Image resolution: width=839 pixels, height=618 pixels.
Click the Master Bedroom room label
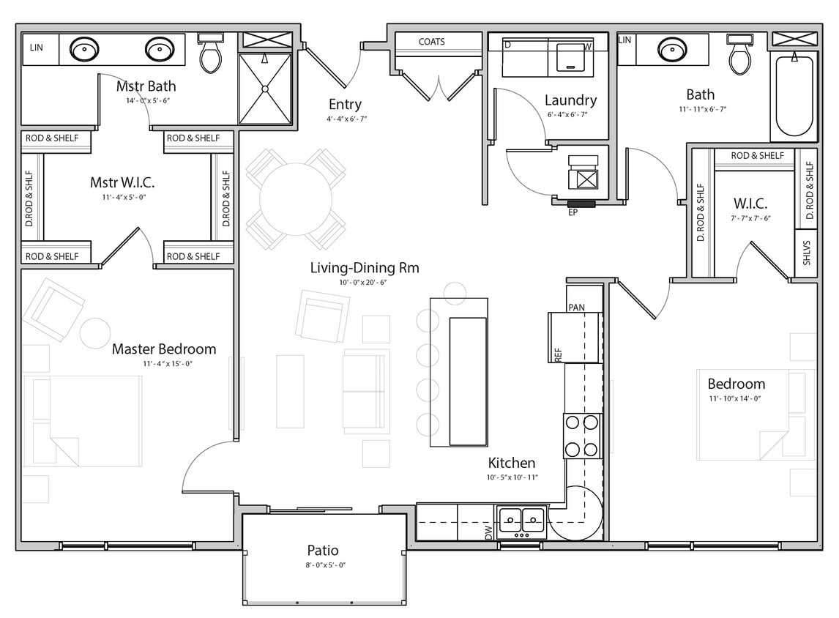(163, 349)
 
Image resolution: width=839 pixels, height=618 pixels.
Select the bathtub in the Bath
(794, 95)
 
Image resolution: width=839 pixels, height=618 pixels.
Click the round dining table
(296, 199)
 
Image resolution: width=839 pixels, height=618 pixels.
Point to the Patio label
(323, 550)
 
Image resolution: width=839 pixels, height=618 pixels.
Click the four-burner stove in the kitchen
(582, 436)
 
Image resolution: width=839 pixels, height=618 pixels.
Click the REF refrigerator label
(558, 354)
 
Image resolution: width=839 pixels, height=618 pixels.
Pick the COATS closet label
(431, 42)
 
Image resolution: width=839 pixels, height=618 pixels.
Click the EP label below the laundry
(573, 212)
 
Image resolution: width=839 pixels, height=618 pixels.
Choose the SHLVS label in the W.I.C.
(806, 253)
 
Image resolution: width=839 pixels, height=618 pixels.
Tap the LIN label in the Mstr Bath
(36, 48)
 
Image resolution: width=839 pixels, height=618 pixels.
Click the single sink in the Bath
(672, 50)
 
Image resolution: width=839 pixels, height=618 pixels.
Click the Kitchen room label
(512, 463)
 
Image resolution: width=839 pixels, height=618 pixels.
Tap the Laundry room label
(570, 100)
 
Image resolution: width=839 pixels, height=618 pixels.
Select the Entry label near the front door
(344, 104)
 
